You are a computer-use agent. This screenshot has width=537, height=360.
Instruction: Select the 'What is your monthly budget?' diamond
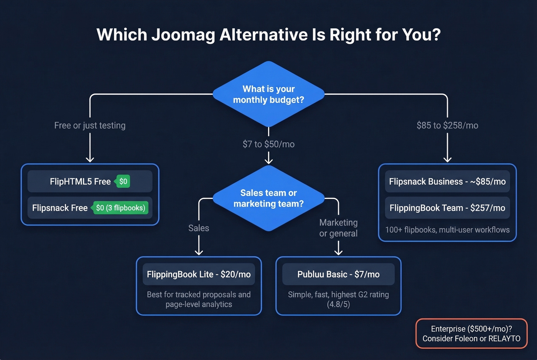click(x=268, y=94)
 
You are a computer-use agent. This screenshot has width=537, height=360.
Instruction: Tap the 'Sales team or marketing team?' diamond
click(x=268, y=198)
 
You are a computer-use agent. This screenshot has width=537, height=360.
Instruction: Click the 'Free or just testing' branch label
click(x=90, y=125)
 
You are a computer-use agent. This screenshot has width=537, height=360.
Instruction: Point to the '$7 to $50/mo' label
click(x=268, y=144)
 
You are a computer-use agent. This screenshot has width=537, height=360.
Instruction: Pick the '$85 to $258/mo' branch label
click(x=447, y=125)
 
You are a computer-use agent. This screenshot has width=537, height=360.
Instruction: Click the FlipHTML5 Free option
click(x=80, y=181)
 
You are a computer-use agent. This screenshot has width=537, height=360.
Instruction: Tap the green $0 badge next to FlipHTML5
click(x=123, y=181)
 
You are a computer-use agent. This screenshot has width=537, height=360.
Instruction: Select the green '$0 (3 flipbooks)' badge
click(x=120, y=208)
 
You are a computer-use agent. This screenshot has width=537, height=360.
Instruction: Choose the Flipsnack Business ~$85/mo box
click(x=447, y=181)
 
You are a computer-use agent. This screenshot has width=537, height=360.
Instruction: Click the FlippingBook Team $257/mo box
click(x=447, y=208)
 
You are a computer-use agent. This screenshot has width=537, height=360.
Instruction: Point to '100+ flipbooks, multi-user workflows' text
click(x=447, y=230)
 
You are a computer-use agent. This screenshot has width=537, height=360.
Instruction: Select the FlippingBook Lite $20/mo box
click(x=199, y=274)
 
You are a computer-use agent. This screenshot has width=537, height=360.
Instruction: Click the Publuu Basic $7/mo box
click(x=338, y=274)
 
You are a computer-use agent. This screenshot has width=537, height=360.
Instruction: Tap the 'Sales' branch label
click(x=199, y=228)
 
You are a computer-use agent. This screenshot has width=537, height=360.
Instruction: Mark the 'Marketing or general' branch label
click(x=338, y=228)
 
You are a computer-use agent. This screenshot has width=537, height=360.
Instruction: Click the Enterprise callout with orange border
click(x=471, y=334)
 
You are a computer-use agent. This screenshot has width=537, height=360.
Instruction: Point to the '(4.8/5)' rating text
click(x=338, y=304)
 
